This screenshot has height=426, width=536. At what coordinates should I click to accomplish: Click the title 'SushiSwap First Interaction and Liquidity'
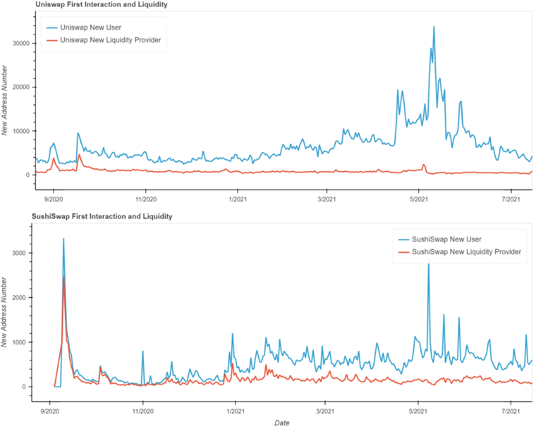click(102, 217)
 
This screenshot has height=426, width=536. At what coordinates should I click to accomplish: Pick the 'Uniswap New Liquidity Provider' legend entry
click(110, 40)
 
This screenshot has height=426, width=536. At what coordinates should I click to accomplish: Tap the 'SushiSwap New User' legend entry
click(446, 239)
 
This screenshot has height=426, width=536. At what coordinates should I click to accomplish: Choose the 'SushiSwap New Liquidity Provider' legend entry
click(466, 252)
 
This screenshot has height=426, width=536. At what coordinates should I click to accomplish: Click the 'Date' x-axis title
click(282, 422)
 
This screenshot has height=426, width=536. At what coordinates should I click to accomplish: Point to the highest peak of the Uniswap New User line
click(434, 27)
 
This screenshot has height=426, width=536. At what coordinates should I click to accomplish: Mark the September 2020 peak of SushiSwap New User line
click(63, 239)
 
